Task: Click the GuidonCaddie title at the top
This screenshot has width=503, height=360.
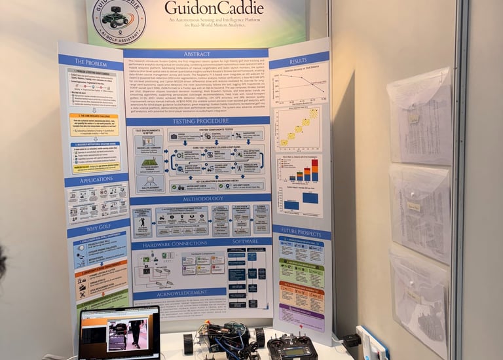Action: [214, 8]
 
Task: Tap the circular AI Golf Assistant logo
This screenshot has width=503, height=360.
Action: [119, 20]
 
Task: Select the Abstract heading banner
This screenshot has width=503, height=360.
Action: [196, 54]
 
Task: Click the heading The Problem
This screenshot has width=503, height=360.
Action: [90, 62]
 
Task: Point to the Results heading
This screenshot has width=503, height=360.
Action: [299, 60]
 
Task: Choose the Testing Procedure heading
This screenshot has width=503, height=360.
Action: [197, 121]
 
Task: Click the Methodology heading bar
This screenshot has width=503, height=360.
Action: [198, 198]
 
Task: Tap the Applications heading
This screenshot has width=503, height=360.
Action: [96, 179]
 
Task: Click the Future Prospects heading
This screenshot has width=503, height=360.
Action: [301, 231]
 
